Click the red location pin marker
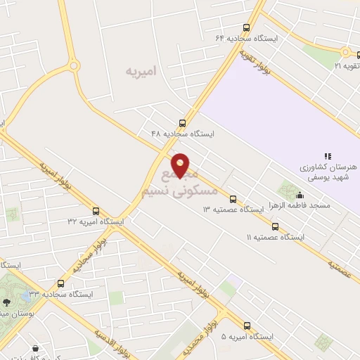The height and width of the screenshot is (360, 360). pos(181,165)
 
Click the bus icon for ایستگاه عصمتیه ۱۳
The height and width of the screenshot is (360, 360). pos(233,199)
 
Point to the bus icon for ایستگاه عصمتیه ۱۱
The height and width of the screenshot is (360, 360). pos(275,226)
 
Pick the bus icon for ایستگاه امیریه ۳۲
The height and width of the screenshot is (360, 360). pos(96,210)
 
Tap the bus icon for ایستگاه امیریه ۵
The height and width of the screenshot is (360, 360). pos(247,325)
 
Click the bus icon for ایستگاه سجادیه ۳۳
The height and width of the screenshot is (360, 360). pos(61,283)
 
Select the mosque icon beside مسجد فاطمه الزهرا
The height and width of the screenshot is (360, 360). pos(300,195)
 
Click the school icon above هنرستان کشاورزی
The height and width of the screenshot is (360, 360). pos(327,156)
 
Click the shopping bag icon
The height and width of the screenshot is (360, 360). pos(35,348)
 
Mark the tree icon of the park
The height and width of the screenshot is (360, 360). pos(6,300)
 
